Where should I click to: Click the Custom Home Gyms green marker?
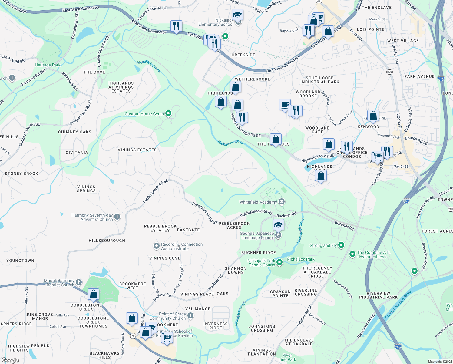(168, 114)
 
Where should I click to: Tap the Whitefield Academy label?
(258, 202)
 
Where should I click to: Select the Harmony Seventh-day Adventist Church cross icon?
(117, 217)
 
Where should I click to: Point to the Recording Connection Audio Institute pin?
(156, 246)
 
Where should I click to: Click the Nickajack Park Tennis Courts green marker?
(279, 262)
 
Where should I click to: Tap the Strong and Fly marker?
(341, 245)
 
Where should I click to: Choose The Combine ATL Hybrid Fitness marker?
(352, 254)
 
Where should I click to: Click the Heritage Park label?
(48, 65)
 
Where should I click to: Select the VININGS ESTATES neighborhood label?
(137, 150)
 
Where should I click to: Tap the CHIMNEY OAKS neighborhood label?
(75, 132)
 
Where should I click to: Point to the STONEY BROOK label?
(21, 174)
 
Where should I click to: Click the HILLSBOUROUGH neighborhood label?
(107, 241)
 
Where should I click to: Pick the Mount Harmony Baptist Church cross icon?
(78, 282)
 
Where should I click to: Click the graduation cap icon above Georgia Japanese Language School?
(278, 225)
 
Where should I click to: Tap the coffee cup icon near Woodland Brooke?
(285, 105)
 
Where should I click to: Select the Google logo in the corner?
(10, 360)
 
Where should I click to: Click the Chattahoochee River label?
(398, 305)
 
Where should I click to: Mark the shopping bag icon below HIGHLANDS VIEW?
(321, 176)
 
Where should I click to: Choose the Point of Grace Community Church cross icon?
(190, 316)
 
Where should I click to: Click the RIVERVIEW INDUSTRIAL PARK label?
(378, 295)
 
